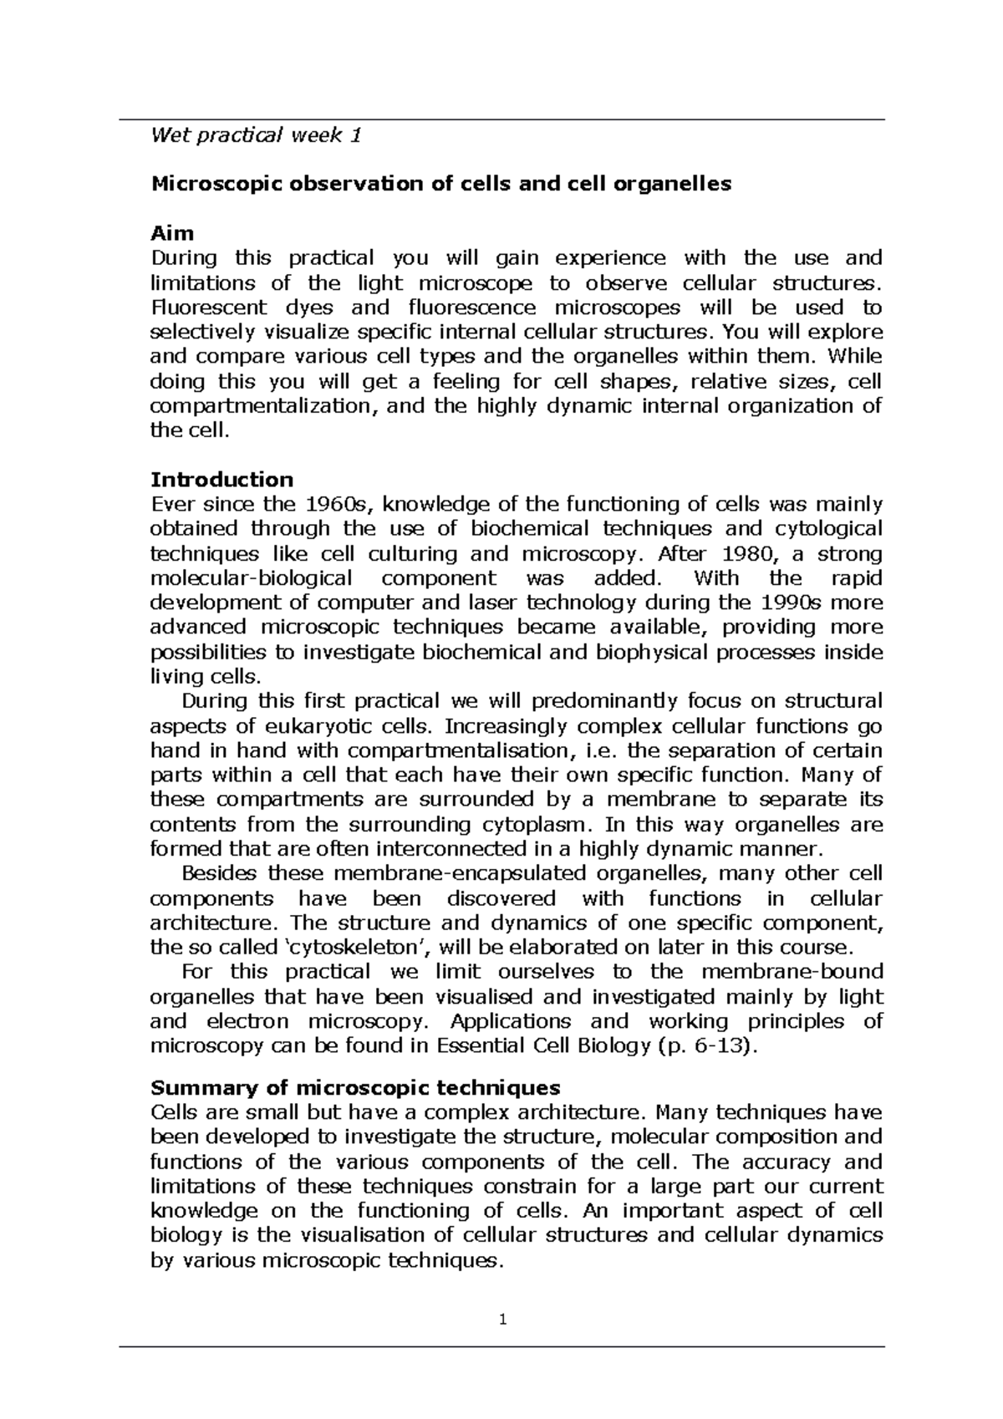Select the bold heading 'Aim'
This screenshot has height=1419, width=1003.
[171, 234]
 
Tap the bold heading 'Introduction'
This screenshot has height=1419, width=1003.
[221, 480]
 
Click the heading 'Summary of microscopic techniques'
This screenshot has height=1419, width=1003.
[355, 1088]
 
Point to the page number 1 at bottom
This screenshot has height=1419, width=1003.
[502, 1321]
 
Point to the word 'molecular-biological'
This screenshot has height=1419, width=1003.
[251, 578]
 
